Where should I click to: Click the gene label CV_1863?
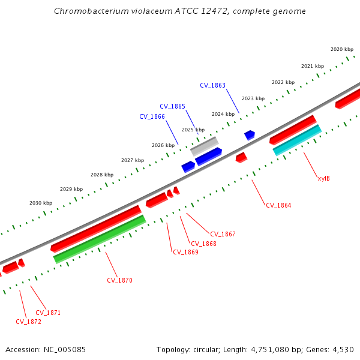coord(212,85)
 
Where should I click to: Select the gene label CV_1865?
coord(172,106)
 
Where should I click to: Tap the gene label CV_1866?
coord(152,116)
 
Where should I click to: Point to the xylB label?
coord(323,178)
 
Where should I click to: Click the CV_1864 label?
coord(278,205)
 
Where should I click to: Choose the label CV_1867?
coord(223,234)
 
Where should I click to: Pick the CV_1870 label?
coord(119,280)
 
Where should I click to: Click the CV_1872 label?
coord(28,322)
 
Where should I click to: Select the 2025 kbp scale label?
coord(193,130)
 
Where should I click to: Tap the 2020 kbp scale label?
coord(342,49)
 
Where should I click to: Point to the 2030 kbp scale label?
coord(41,203)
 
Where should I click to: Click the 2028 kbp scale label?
coord(102,175)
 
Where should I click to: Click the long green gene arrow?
coord(100,239)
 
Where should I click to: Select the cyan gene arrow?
coord(297,140)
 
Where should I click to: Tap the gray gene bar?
coord(204,146)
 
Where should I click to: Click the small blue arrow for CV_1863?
coord(250,135)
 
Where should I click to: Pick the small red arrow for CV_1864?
coord(241,157)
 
